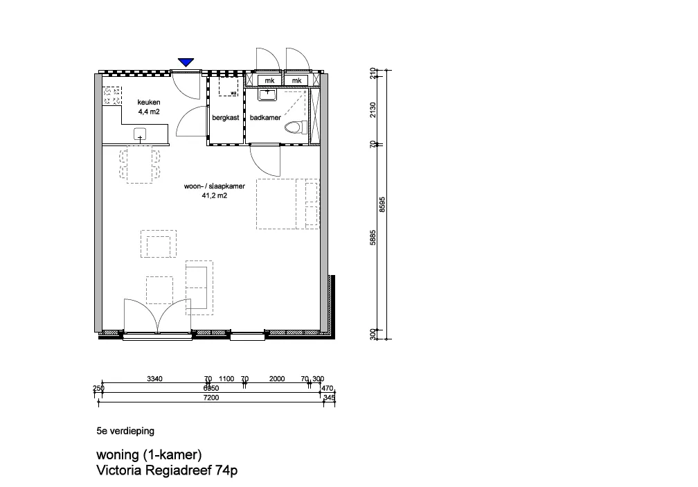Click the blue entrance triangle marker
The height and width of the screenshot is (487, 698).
pyautogui.click(x=186, y=62)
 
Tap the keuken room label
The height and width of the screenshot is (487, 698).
pyautogui.click(x=149, y=103)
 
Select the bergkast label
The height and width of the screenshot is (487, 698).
pyautogui.click(x=226, y=118)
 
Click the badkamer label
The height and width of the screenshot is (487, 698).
pyautogui.click(x=265, y=118)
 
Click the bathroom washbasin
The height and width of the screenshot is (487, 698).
pyautogui.click(x=267, y=94)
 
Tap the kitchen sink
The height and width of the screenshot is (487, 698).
pyautogui.click(x=140, y=134)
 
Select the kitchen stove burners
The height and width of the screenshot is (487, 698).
pyautogui.click(x=112, y=96)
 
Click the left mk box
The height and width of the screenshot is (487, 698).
pyautogui.click(x=269, y=80)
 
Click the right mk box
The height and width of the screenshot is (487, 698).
pyautogui.click(x=297, y=80)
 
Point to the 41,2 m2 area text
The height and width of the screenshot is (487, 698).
pyautogui.click(x=215, y=195)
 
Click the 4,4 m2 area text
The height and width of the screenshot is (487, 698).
pyautogui.click(x=149, y=112)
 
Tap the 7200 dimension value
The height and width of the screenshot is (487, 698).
pyautogui.click(x=211, y=398)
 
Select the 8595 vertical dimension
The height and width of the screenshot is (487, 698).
pyautogui.click(x=382, y=205)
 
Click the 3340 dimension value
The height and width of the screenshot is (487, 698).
pyautogui.click(x=154, y=379)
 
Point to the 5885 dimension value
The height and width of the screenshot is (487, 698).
pyautogui.click(x=373, y=238)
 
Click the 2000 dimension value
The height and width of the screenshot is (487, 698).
pyautogui.click(x=277, y=379)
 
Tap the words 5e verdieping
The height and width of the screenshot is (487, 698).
pyautogui.click(x=125, y=431)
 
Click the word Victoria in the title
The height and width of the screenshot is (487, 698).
pyautogui.click(x=119, y=470)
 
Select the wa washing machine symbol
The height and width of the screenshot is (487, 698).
pyautogui.click(x=229, y=87)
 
